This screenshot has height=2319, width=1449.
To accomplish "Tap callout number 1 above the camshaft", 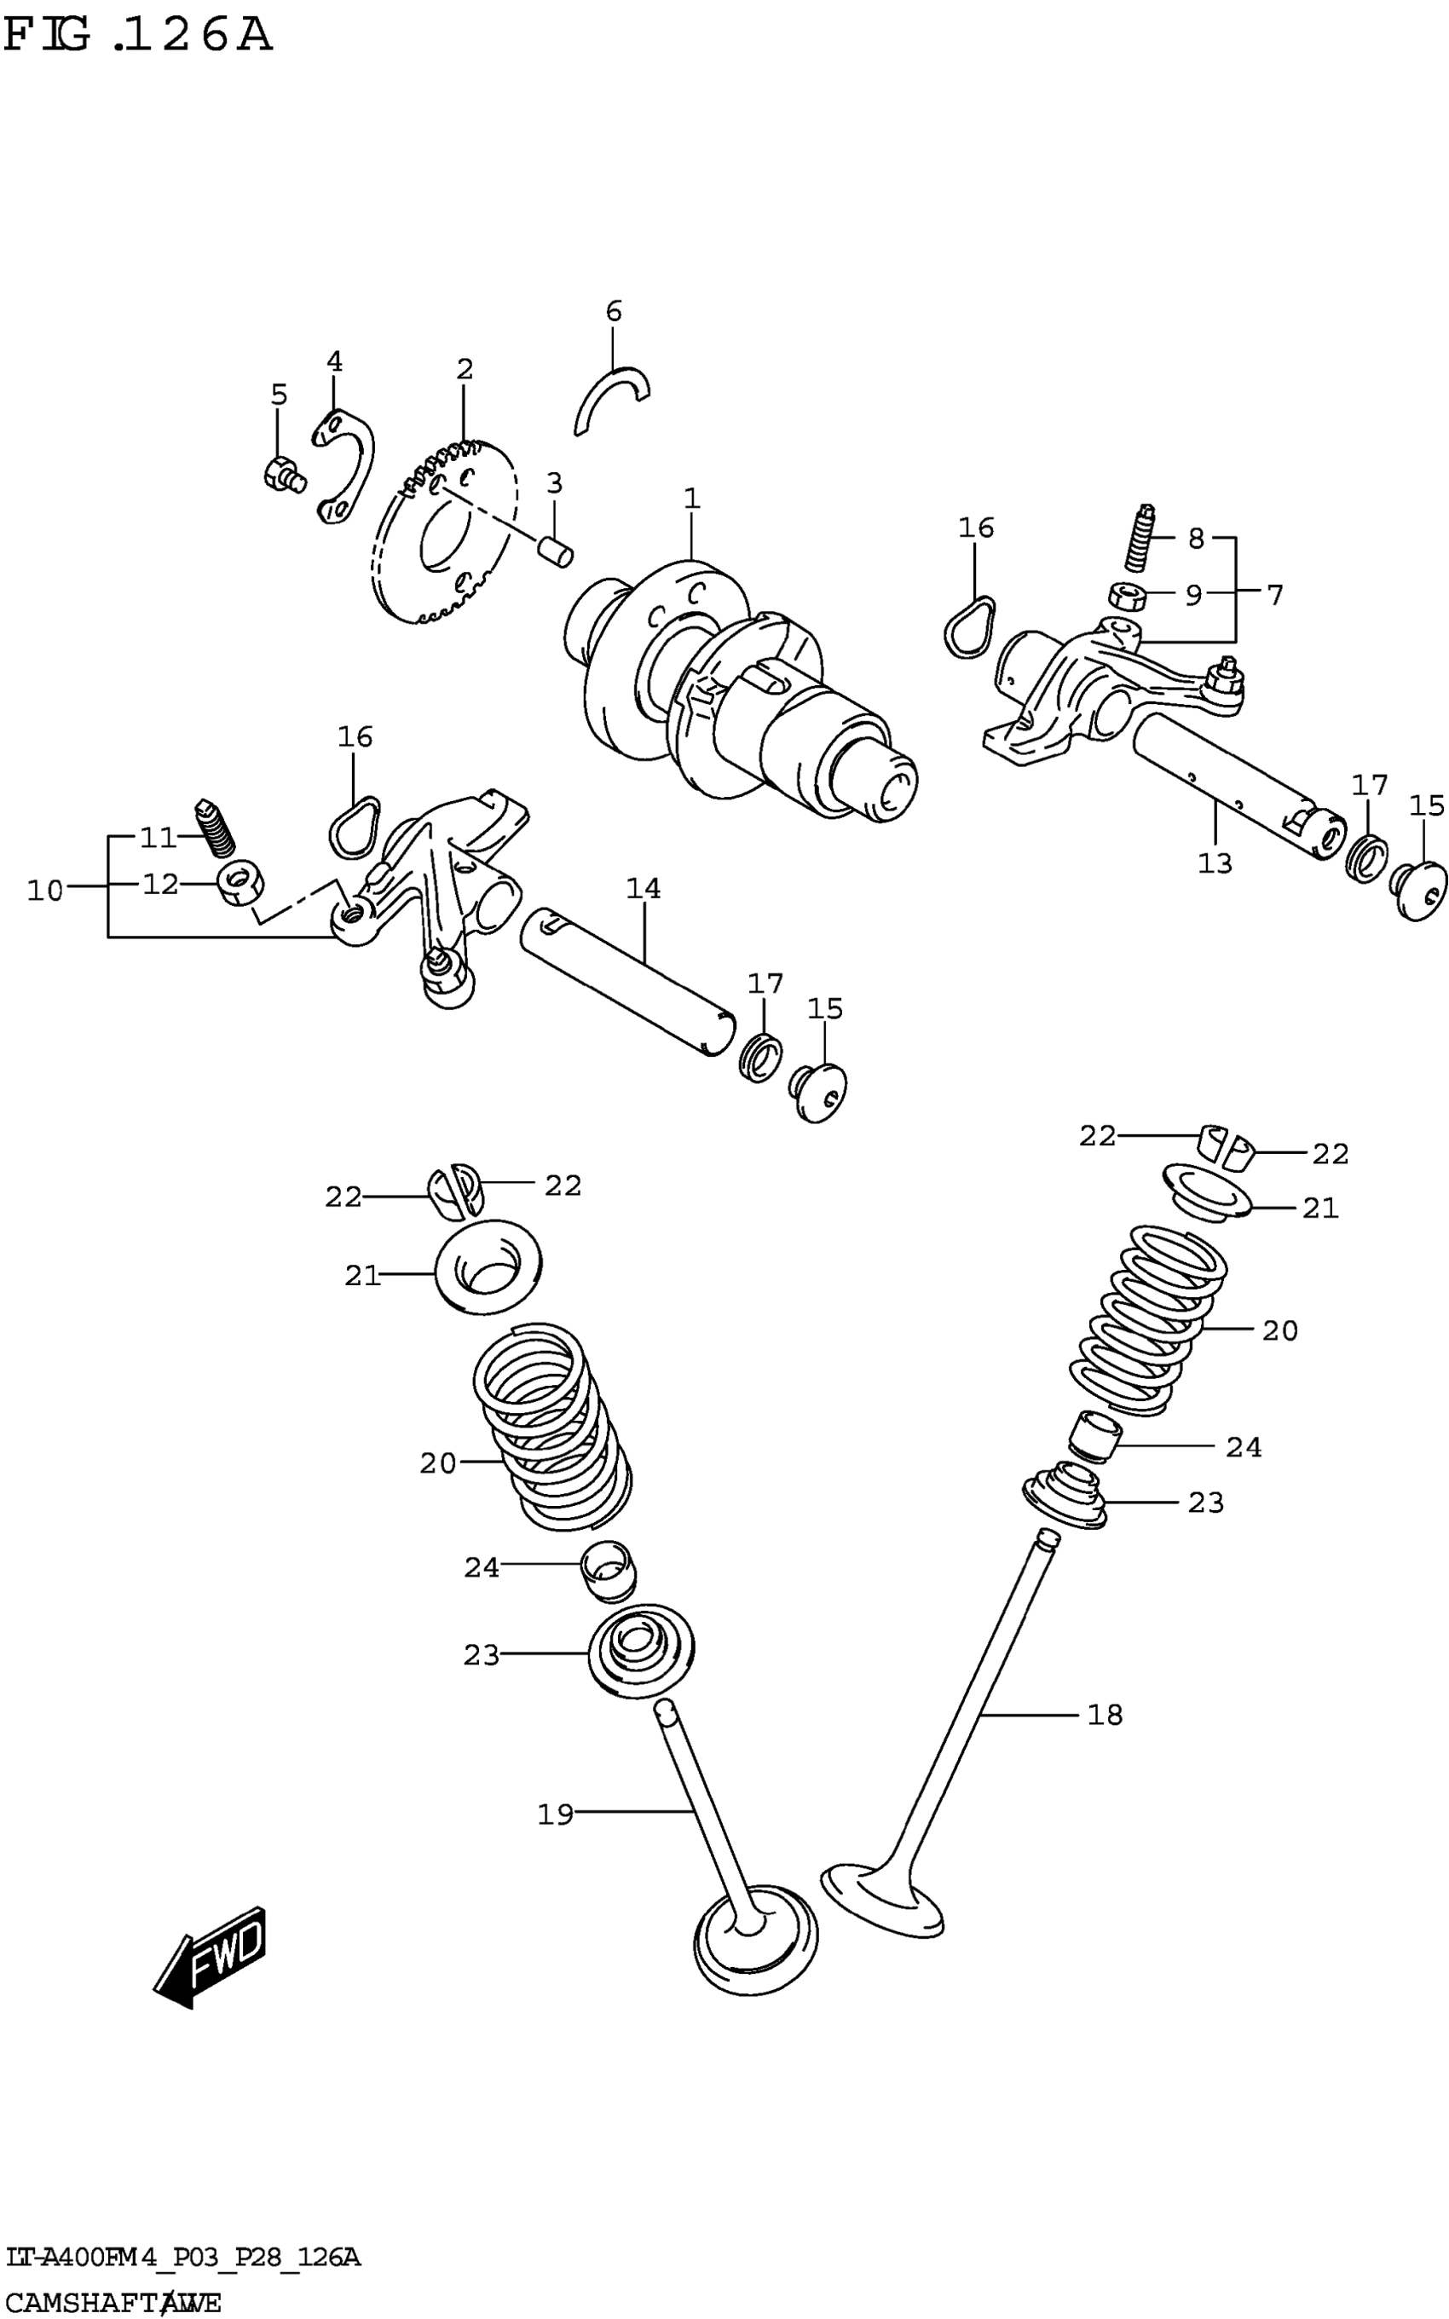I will [692, 499].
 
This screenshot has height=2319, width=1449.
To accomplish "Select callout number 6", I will [614, 310].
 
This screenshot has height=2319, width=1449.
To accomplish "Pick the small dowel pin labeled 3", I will [555, 552].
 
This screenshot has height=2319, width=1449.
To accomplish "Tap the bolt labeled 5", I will [282, 475].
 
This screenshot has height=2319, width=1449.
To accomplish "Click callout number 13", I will [1215, 862].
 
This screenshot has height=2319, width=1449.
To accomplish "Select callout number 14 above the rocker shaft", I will [643, 888].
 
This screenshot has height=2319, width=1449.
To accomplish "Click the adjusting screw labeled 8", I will [1139, 539].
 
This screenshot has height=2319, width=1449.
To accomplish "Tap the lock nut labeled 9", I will [1128, 595].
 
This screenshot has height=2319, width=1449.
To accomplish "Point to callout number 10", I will [44, 891].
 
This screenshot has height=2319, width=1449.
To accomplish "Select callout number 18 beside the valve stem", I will [1104, 1715].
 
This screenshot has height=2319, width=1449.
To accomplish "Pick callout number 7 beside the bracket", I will [1273, 595].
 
